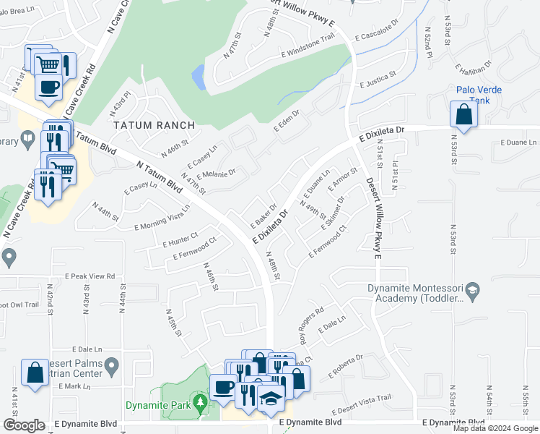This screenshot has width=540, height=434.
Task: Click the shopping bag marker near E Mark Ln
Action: click(x=34, y=373)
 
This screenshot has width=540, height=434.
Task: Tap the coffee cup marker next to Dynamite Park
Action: click(x=222, y=387)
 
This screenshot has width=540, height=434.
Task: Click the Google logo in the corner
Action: click(x=24, y=425)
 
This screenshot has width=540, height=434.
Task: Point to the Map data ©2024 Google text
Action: click(x=496, y=428)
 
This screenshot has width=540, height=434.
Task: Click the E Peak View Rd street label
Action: click(x=90, y=276)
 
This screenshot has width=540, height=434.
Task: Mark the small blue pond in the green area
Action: click(x=198, y=75)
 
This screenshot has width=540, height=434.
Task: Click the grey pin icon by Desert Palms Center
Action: click(x=111, y=367)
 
